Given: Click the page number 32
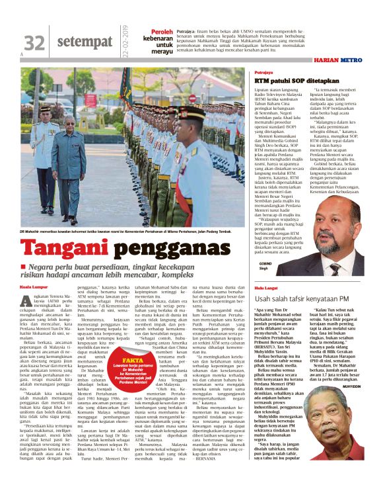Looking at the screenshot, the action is pyautogui.click(x=34, y=43).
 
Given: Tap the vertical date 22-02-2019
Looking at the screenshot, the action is pyautogui.click(x=124, y=40).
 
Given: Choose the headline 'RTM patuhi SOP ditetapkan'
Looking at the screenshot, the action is pyautogui.click(x=289, y=80).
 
